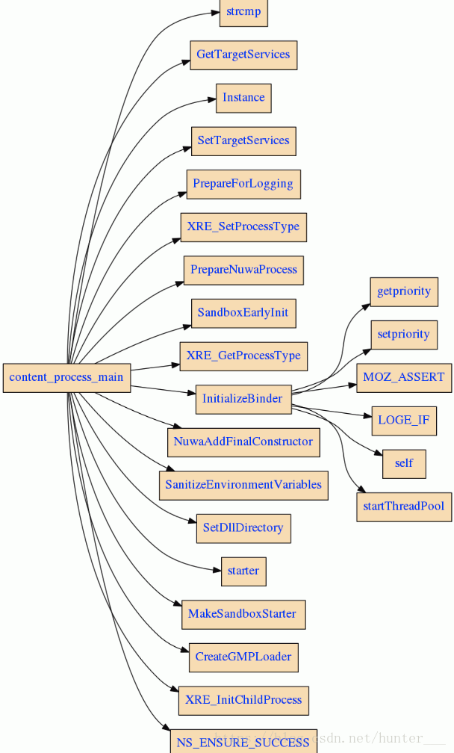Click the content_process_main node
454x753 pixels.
tap(66, 377)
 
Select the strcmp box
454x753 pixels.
tap(243, 11)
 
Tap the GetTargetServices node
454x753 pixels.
tap(243, 55)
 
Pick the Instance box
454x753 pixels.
tap(243, 97)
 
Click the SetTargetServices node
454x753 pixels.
tap(243, 140)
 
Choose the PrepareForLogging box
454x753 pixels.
tap(243, 184)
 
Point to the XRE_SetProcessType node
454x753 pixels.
tap(243, 226)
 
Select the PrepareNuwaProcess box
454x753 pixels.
tap(243, 270)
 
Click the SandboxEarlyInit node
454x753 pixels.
tap(243, 312)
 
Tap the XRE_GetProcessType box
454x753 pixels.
tap(243, 356)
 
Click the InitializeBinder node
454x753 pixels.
tap(242, 399)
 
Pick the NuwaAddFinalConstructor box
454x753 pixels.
tap(243, 441)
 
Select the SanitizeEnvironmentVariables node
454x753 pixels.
tap(243, 485)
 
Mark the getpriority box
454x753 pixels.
tap(403, 291)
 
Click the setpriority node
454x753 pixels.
tap(403, 334)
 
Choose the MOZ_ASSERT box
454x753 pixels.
tap(403, 377)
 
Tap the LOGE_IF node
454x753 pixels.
tap(403, 420)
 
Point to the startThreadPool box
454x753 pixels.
tap(403, 506)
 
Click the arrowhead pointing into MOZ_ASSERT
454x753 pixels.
tap(351, 385)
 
